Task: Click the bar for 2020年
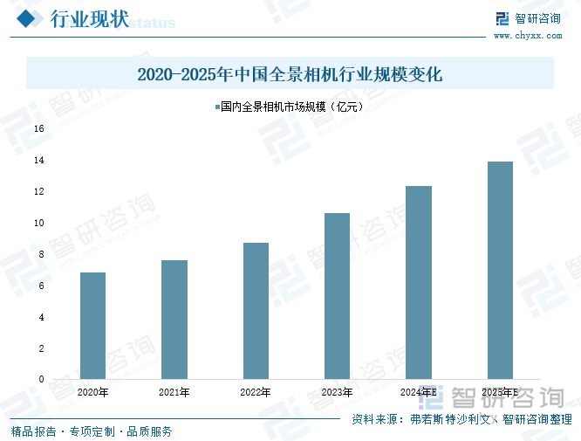(92, 326)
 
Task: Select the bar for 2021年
(174, 320)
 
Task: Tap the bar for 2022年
(256, 311)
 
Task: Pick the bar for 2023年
(337, 296)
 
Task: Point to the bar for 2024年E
(419, 282)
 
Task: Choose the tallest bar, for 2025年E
(500, 270)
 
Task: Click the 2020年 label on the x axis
(92, 393)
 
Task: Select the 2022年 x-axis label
(256, 393)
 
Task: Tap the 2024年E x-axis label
(419, 393)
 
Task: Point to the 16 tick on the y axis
(38, 128)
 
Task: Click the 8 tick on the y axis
(40, 254)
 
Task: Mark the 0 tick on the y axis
(40, 379)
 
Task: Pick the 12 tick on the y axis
(38, 191)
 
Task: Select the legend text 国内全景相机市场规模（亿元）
(291, 108)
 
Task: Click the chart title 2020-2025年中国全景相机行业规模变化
(290, 75)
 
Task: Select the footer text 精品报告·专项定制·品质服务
(91, 431)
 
